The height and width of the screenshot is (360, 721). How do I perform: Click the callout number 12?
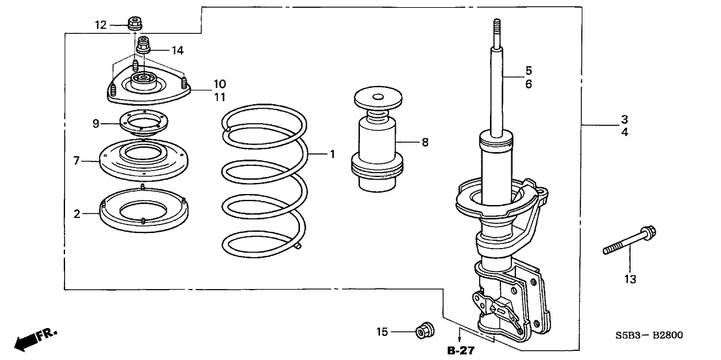pos(100,25)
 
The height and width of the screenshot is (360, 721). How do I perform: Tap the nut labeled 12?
pos(136,24)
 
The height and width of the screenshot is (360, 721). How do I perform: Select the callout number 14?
pos(178,49)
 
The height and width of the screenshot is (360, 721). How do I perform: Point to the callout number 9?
pos(96,123)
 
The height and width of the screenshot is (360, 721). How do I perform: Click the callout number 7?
pos(75,159)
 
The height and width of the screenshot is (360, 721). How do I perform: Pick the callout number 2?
pos(76,214)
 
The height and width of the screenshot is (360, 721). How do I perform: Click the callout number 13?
pos(630,279)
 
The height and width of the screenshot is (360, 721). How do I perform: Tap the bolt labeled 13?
pos(629,240)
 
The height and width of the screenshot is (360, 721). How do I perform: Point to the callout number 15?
pos(383,333)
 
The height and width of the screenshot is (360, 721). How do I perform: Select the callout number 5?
pos(529,70)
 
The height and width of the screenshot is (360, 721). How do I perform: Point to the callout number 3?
pos(624,119)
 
